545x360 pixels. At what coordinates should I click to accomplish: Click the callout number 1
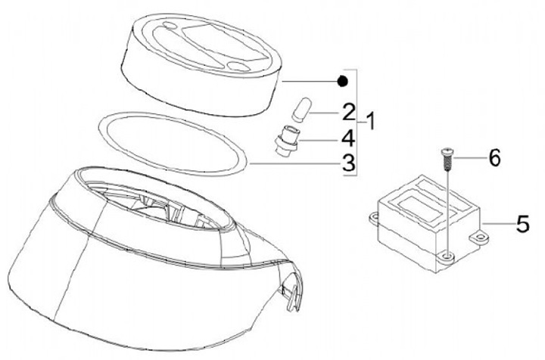click(371, 121)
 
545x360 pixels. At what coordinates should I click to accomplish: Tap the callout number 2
click(349, 112)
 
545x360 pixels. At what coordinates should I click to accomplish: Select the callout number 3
click(349, 163)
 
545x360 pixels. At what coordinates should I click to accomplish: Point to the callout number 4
click(348, 138)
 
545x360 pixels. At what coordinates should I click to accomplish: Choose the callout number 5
click(522, 224)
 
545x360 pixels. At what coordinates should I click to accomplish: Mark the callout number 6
click(494, 157)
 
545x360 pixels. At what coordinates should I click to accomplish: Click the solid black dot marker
click(342, 81)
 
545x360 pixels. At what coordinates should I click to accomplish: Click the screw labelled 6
click(448, 159)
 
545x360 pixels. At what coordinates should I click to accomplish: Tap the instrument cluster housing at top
click(201, 64)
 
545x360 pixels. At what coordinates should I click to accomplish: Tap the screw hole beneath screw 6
click(448, 257)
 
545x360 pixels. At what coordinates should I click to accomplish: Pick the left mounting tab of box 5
click(374, 219)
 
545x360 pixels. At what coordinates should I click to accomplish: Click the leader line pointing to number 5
click(498, 225)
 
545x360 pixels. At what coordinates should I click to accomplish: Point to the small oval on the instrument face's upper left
click(170, 26)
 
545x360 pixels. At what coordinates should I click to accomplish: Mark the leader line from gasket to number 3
click(294, 164)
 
